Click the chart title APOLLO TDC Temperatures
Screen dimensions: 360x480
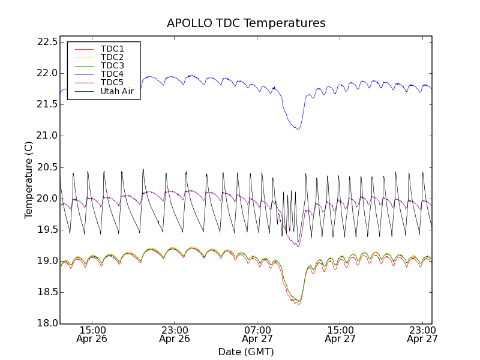click(246, 23)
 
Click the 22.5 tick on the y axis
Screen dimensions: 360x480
click(47, 42)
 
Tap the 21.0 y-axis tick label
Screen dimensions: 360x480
click(47, 136)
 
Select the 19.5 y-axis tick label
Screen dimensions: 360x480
click(47, 230)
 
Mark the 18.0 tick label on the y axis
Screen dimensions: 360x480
click(47, 323)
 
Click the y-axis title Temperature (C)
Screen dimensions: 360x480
click(29, 180)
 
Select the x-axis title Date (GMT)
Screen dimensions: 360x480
click(246, 352)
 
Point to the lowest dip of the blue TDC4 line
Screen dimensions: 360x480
click(298, 130)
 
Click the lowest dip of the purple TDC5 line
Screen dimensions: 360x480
click(298, 247)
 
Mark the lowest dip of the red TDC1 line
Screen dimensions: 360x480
click(298, 305)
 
